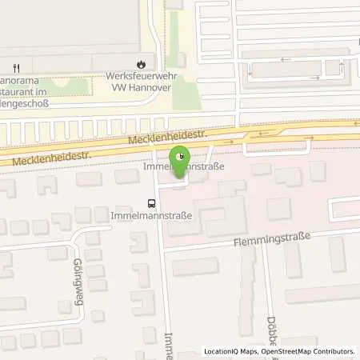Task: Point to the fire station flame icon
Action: point(142,62)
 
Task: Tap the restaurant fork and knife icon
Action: point(16,66)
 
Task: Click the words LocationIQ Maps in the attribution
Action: point(231,351)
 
